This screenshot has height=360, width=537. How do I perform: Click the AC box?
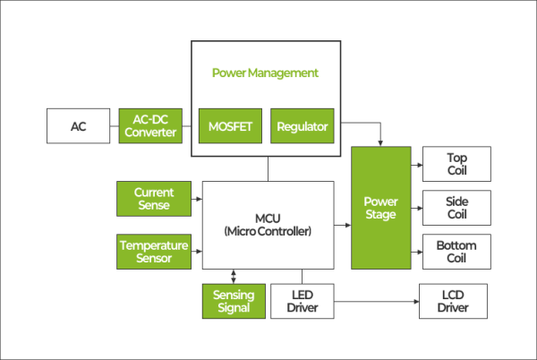tap(79, 126)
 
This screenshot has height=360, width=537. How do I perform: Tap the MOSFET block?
tap(230, 126)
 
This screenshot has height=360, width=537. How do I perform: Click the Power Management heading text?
tap(265, 72)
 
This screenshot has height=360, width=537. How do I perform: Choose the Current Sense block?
tap(154, 199)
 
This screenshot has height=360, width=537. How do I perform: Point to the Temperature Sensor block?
tap(154, 252)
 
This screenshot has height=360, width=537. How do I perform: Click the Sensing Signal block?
tap(234, 302)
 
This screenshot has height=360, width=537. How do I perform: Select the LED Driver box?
tap(302, 302)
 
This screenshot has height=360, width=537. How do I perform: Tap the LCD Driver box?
tap(453, 302)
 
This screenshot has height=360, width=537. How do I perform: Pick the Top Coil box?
tap(456, 164)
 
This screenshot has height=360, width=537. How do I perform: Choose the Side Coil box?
tap(456, 208)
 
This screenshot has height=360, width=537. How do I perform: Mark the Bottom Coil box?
tap(456, 252)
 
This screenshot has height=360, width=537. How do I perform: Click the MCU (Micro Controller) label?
tap(268, 225)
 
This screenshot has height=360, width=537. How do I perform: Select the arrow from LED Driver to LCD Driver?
tap(376, 302)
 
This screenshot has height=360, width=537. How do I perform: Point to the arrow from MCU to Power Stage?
tap(343, 225)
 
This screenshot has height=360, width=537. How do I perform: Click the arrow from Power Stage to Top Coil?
tap(416, 164)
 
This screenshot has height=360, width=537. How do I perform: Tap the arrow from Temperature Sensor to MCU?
tap(197, 252)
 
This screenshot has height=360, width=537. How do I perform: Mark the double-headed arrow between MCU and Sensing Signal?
tap(234, 276)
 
